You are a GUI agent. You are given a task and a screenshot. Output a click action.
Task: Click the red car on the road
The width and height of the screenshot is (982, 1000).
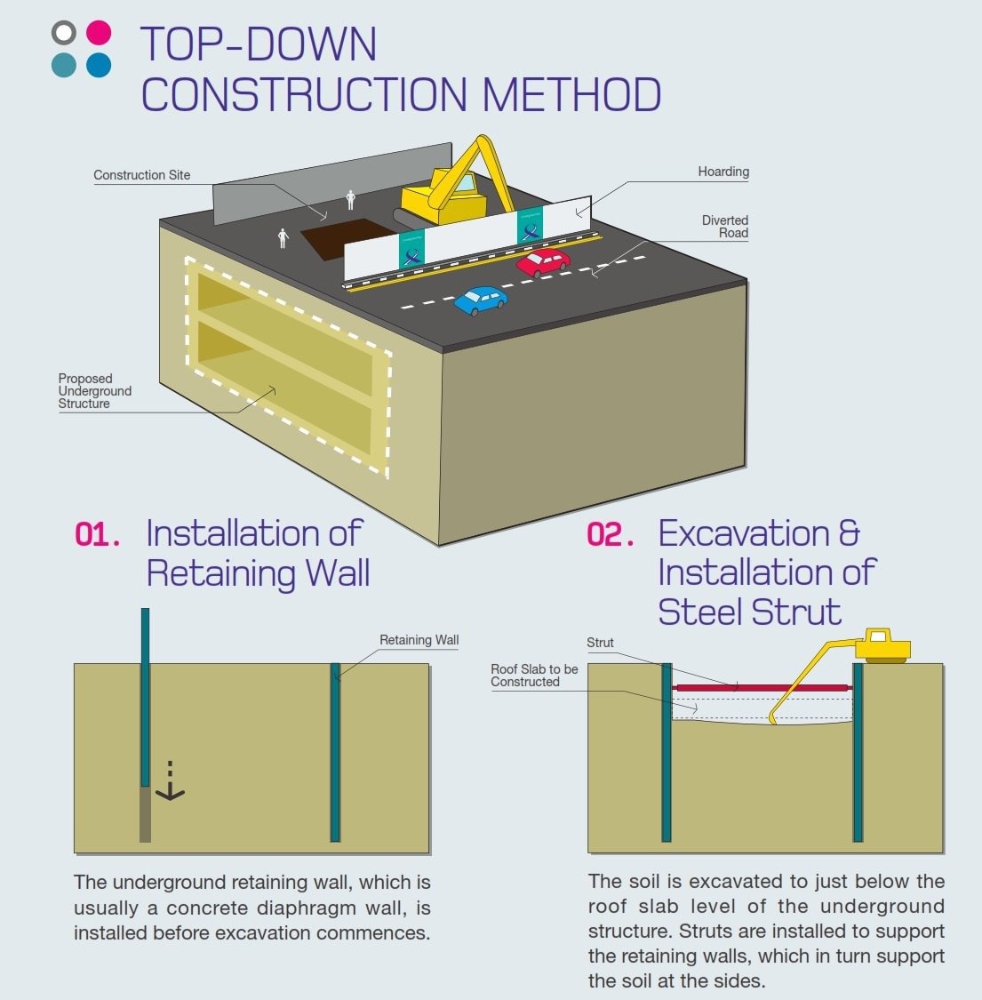tap(543, 261)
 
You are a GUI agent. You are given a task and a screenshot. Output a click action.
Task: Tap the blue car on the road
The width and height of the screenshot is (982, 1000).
tap(481, 300)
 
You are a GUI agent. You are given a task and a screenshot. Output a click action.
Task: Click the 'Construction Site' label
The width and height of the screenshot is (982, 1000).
tap(142, 175)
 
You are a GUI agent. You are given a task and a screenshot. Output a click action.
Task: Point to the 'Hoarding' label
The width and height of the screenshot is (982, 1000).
tap(723, 172)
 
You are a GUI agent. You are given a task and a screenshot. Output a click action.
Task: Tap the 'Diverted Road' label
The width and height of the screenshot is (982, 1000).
tap(725, 227)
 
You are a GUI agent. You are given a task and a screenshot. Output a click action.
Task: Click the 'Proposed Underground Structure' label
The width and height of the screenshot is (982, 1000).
tap(94, 391)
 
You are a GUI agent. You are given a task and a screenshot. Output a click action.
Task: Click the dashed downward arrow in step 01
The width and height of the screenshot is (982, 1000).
tap(170, 781)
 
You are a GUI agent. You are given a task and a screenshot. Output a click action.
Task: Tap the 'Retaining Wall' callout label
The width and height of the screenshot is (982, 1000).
tap(419, 640)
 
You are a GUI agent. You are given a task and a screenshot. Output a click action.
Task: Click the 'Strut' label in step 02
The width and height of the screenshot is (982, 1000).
tap(600, 643)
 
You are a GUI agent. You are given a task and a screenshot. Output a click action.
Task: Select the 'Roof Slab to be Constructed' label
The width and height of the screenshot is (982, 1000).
tap(534, 676)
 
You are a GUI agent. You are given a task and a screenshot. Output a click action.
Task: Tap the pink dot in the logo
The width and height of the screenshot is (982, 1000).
tap(99, 33)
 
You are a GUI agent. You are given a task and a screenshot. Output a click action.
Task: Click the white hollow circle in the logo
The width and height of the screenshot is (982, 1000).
tap(64, 34)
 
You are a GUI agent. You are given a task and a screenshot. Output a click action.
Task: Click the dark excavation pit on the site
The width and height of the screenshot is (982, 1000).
tap(342, 237)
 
